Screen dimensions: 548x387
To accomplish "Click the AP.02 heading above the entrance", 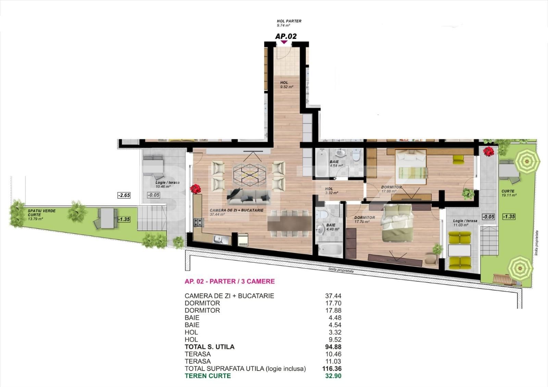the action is pos(286,36).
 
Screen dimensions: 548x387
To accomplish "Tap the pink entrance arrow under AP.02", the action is pos(284,42).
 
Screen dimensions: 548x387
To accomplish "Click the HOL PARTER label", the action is pos(289,23).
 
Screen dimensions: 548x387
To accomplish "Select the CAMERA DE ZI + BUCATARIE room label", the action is pos(237,212).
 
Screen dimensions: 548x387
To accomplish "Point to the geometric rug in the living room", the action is pos(249,175).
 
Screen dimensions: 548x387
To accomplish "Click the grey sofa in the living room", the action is pos(249,197).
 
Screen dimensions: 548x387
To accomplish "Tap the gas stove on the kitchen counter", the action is pos(199,222).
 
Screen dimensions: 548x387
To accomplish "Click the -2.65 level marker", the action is pos(124,195).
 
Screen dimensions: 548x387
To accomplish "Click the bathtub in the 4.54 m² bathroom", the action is pos(322,163).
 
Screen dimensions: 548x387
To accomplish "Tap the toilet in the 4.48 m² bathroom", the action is pos(322,215).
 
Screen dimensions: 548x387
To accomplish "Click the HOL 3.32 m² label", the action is pos(332,191).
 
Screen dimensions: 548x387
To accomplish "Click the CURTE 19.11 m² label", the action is pos(509,193).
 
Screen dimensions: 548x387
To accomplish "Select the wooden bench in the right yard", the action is pos(505,279).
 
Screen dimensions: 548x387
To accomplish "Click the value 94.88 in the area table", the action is pos(333,347).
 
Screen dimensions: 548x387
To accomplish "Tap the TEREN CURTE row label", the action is pos(208,376).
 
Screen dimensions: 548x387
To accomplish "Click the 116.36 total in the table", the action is pos(332,369).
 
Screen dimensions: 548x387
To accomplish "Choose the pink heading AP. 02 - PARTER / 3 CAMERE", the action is pos(230,281).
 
